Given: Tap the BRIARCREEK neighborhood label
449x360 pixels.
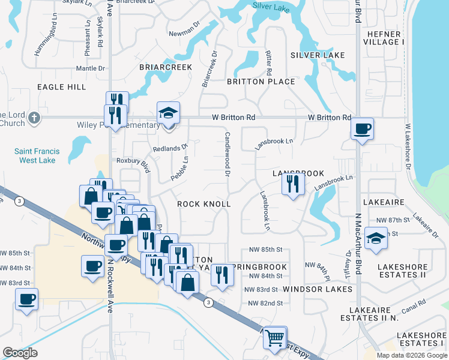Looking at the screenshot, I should pos(166,67).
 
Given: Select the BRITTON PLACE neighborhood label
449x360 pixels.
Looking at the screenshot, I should pos(261,82).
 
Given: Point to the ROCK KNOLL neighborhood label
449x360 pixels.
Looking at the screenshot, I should pos(204,204).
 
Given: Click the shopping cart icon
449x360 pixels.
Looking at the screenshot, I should pos(275,337).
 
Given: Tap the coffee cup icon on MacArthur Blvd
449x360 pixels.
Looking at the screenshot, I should pos(363,128).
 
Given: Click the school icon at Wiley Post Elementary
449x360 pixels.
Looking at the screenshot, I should pos(169,112).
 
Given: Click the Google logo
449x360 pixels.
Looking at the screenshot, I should pos(20,353).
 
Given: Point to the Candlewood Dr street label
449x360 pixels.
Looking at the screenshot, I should pos(228,155).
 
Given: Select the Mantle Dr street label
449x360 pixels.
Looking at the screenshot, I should pos(91,68).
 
